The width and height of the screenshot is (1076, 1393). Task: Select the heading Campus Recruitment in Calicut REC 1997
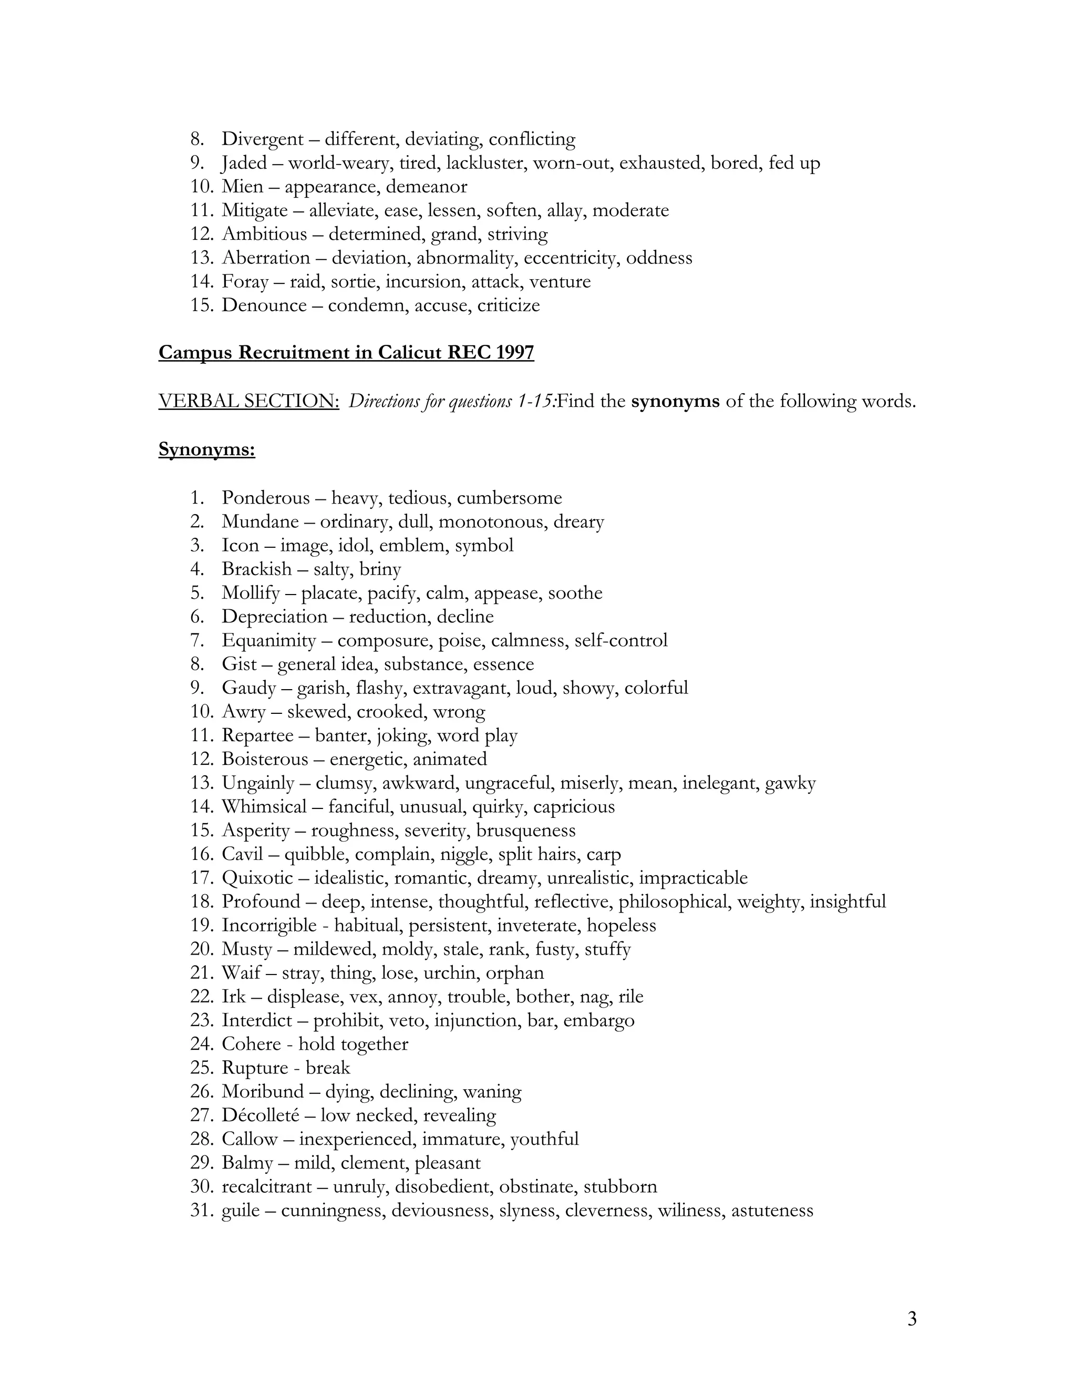coord(346,353)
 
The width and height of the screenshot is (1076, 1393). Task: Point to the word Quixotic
coord(257,878)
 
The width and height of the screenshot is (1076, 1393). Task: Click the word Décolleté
coord(260,1115)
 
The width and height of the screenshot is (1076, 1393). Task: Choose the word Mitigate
coord(254,210)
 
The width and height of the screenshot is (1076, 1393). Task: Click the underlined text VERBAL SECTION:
coord(249,401)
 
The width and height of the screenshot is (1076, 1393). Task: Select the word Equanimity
coord(268,640)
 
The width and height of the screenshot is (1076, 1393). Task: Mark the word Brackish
coord(256,569)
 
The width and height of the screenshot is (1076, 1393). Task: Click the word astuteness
coord(772,1211)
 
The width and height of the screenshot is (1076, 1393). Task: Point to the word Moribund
coord(263,1092)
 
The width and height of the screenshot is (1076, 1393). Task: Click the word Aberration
coord(266,258)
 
